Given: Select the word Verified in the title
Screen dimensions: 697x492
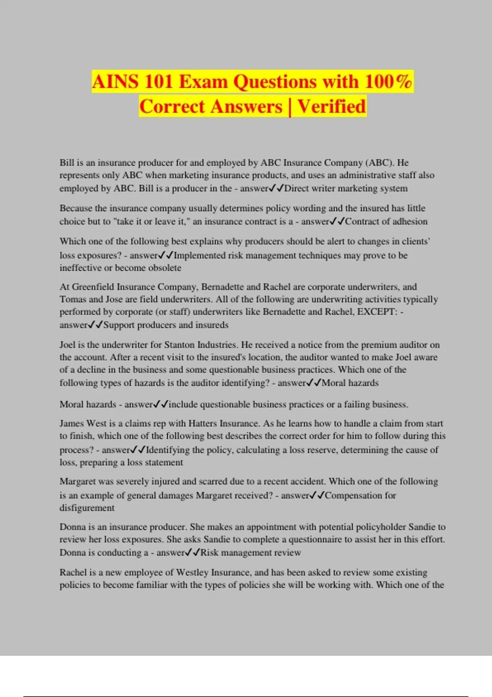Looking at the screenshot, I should coord(331,106).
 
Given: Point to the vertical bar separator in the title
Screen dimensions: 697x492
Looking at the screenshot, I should coord(290,106).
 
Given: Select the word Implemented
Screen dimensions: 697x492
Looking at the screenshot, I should coord(200,255).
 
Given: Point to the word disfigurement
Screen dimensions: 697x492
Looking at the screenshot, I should coord(87,508).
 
